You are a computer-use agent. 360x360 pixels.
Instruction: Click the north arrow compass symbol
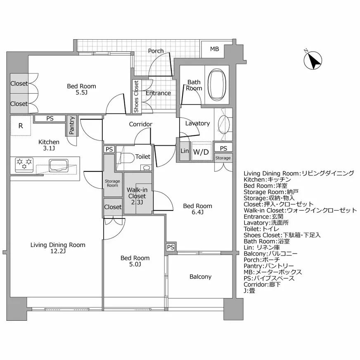click(313, 61)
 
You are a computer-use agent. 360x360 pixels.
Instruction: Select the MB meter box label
click(214, 49)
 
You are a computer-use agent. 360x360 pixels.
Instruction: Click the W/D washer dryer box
click(201, 152)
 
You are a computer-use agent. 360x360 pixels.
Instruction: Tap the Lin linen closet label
click(184, 152)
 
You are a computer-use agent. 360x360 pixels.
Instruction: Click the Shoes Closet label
click(136, 97)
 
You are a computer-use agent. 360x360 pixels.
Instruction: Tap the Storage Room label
click(112, 183)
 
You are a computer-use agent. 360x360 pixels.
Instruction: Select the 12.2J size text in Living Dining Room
click(58, 251)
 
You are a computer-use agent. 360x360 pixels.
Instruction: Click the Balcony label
click(200, 277)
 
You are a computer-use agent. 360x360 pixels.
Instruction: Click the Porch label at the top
click(156, 51)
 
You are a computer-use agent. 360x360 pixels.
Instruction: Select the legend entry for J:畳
click(249, 291)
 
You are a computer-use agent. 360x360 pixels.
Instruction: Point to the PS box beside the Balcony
click(171, 247)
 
